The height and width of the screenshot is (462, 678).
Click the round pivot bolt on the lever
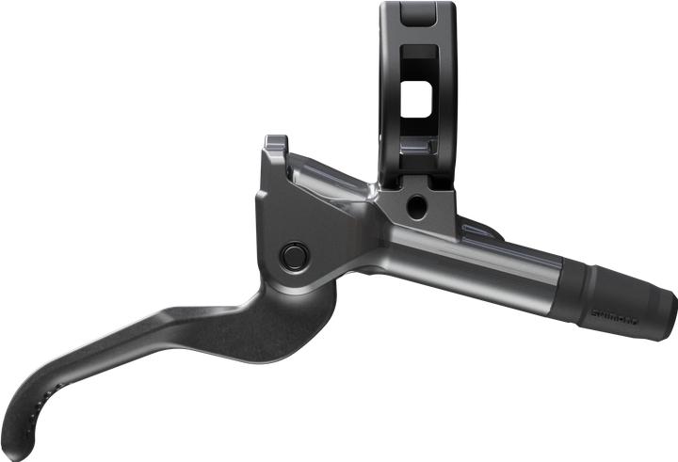294,254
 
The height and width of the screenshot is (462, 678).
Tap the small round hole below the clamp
415,206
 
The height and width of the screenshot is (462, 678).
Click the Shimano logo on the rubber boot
613,318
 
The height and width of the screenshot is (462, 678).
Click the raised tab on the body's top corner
275,143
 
